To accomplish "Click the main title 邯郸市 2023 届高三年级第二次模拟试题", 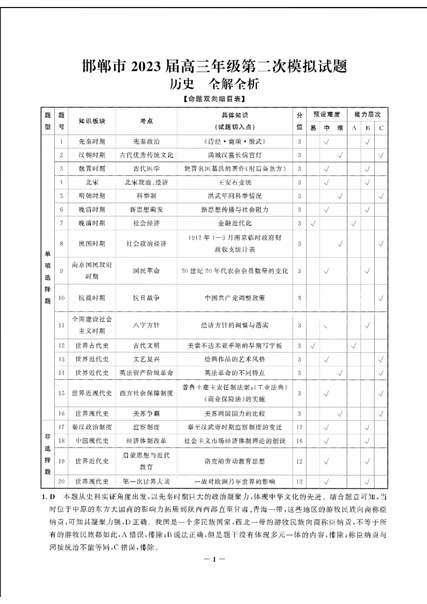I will [x=213, y=67].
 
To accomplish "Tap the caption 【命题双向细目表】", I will [x=213, y=99].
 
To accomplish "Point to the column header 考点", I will [x=146, y=122].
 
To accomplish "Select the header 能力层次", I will [x=367, y=115].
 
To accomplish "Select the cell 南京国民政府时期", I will [x=88, y=271].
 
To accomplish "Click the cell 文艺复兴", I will [x=146, y=359].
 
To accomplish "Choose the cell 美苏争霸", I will [x=146, y=413].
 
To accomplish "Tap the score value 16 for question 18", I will [x=299, y=440].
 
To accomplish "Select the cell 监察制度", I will [x=146, y=427].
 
